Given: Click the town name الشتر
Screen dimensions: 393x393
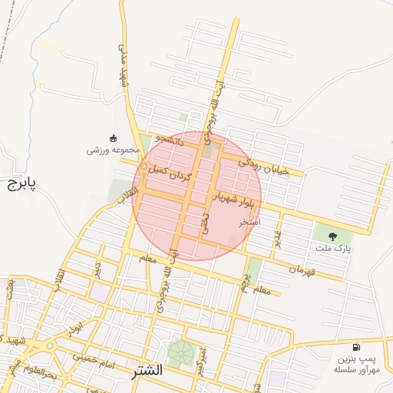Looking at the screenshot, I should tap(147, 370).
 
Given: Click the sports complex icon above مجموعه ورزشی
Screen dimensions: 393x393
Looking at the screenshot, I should tap(114, 138).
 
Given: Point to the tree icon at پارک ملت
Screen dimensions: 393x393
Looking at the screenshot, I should tap(332, 236).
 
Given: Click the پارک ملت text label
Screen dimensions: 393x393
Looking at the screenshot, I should tap(335, 249).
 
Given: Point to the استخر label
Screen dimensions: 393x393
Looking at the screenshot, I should tap(249, 223).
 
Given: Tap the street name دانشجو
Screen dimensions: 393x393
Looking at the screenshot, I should tap(170, 140).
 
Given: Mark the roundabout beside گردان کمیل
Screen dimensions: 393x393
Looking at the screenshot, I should tap(144, 167).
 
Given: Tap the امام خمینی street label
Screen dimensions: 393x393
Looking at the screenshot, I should tap(94, 357).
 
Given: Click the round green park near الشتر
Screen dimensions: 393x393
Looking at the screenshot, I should tap(182, 353).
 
